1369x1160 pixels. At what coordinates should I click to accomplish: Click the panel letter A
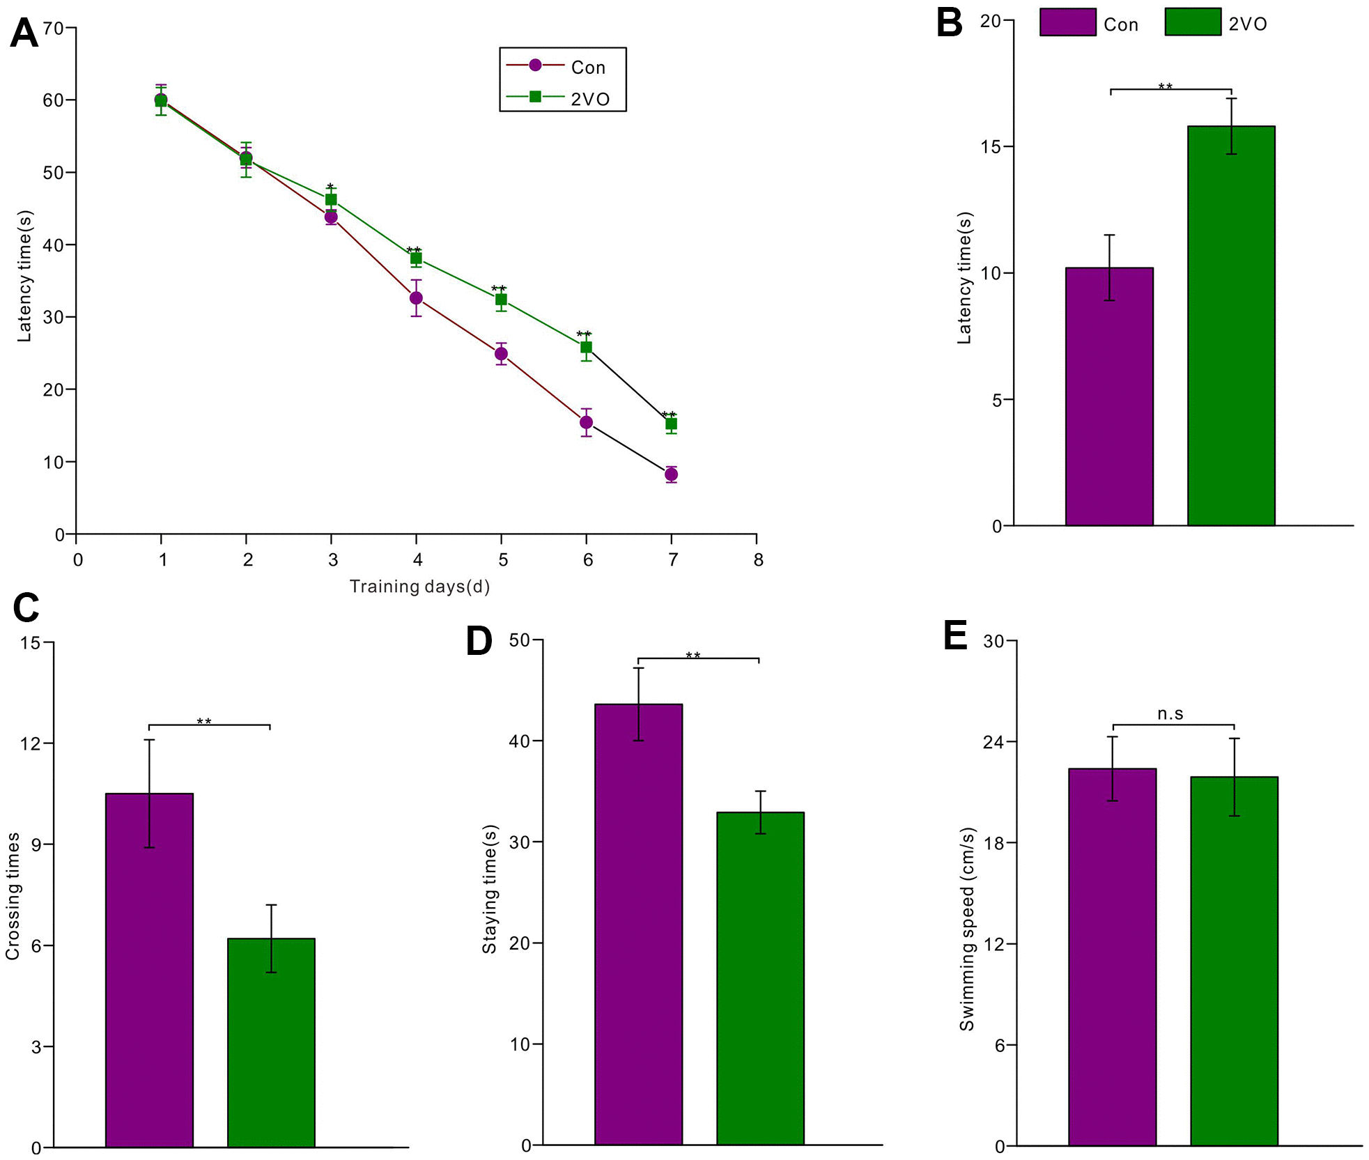24,33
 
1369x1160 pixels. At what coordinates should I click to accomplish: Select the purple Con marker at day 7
671,474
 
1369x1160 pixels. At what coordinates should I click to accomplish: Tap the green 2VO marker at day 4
416,258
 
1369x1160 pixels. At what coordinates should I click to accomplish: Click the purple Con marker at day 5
501,354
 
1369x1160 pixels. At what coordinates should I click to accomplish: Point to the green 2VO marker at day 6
586,347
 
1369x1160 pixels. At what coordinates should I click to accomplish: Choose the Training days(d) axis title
419,587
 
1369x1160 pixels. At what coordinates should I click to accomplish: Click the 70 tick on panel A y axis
53,29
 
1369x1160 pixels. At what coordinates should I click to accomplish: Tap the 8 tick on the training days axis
758,559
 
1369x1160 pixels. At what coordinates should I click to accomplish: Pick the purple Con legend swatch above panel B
1067,22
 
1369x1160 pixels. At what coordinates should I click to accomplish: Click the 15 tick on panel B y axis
990,147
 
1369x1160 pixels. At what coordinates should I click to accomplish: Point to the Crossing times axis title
13,896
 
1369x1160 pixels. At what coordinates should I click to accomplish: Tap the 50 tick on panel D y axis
519,640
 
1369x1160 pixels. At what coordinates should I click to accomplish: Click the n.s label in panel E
1170,713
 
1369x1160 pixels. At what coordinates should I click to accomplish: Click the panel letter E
954,635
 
